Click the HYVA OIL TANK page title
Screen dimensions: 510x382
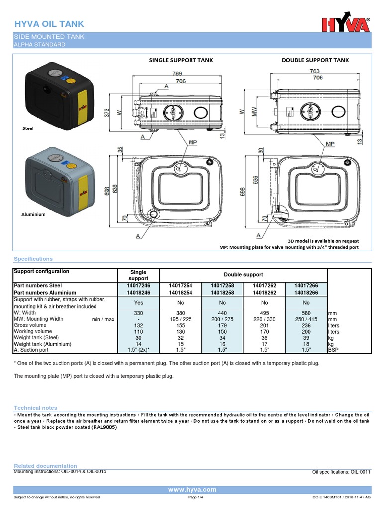(x=49, y=24)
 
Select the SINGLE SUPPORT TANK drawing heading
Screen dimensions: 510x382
(x=181, y=60)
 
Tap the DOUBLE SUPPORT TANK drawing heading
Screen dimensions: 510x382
(x=315, y=60)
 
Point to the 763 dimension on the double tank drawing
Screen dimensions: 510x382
(x=315, y=72)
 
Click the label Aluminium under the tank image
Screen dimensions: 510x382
(x=33, y=214)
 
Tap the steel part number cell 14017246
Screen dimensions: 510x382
(x=138, y=286)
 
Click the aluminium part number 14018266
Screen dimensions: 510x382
(x=306, y=293)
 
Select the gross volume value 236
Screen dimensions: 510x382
(x=306, y=325)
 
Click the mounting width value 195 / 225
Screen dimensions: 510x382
(x=181, y=319)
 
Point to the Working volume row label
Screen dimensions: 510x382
(x=33, y=331)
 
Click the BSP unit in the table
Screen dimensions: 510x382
(x=334, y=350)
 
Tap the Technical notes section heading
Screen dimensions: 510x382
(x=35, y=408)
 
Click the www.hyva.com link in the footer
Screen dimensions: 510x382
(x=192, y=490)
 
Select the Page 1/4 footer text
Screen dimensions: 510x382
(x=195, y=497)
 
